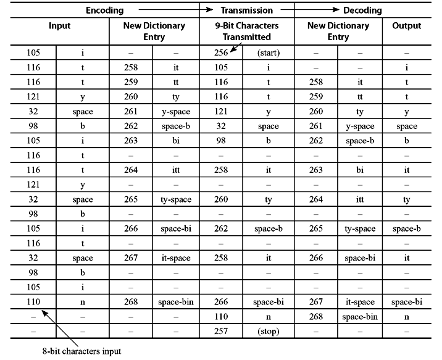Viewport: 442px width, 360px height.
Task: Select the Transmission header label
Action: pyautogui.click(x=247, y=10)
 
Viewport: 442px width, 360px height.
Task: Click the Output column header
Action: pyautogui.click(x=406, y=26)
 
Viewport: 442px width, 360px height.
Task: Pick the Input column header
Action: pyautogui.click(x=60, y=26)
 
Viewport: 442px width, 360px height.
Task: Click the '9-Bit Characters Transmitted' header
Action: pyautogui.click(x=247, y=31)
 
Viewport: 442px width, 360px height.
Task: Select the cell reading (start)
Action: pyautogui.click(x=269, y=53)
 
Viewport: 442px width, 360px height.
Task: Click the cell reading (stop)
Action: pyautogui.click(x=269, y=331)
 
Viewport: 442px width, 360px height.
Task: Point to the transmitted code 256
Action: pyautogui.click(x=220, y=53)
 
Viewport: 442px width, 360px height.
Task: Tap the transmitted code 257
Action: pyautogui.click(x=220, y=331)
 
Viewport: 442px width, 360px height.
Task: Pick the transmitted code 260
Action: pyautogui.click(x=220, y=200)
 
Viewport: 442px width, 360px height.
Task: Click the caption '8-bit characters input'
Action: pyautogui.click(x=82, y=351)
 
